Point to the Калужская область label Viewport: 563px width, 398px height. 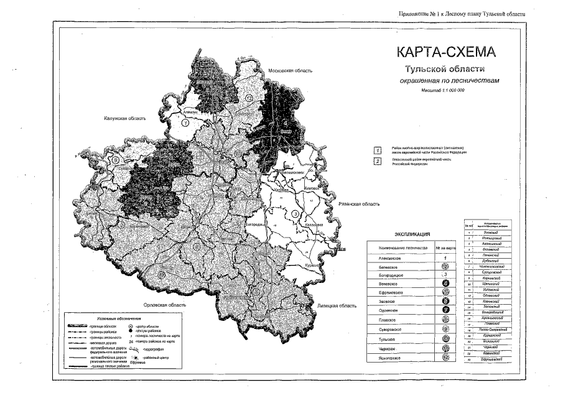(125, 117)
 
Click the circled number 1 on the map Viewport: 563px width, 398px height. (185, 123)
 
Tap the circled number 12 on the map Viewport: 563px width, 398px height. (248, 98)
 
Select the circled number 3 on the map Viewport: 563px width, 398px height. (296, 215)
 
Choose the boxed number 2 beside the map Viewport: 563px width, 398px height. (377, 162)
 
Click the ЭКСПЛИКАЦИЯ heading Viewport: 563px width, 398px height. (413, 234)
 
